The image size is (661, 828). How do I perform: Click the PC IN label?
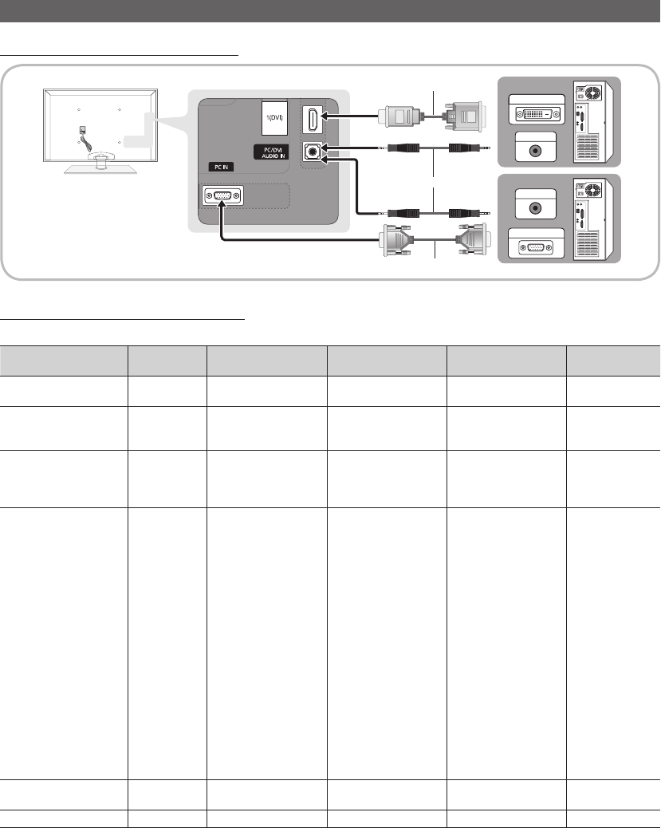pos(221,167)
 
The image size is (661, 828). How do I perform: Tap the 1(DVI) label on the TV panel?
pos(274,117)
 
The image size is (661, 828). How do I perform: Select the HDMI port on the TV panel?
pos(313,120)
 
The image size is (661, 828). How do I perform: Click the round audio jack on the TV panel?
pos(313,152)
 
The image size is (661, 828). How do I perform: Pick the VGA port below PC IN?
pos(222,196)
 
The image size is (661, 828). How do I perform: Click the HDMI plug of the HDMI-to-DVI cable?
pos(399,116)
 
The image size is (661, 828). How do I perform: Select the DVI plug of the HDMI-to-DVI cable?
pos(463,116)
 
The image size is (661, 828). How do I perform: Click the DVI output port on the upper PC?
pos(537,113)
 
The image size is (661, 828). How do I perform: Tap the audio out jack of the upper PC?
pos(535,151)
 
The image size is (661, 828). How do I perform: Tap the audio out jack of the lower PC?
pos(535,207)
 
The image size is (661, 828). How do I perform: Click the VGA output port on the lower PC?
pos(536,247)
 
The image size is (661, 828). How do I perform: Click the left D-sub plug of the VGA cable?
pos(397,240)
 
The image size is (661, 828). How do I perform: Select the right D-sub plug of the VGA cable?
pos(472,240)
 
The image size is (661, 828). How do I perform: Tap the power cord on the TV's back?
pos(87,140)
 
